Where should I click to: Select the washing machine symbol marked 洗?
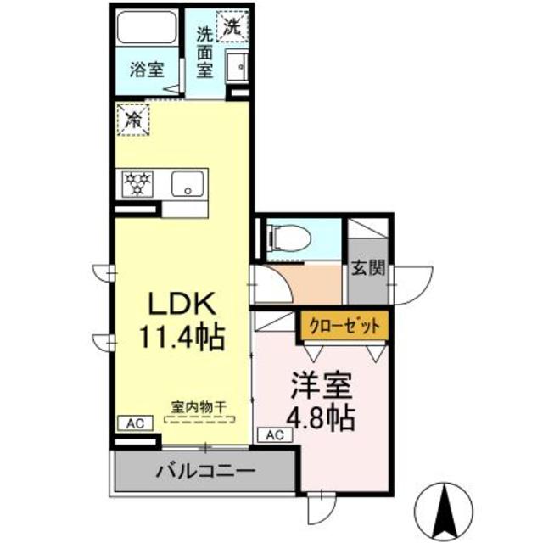[232, 25]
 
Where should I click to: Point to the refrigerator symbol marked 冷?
[132, 118]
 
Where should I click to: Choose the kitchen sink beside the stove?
[186, 182]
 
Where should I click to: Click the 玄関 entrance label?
[368, 269]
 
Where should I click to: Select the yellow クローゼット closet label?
[344, 324]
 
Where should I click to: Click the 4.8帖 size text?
[320, 417]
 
